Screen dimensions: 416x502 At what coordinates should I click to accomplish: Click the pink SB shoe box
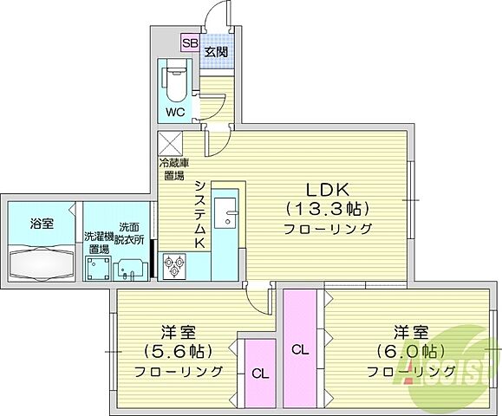point(190,42)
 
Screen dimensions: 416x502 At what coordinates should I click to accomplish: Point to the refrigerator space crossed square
point(169,143)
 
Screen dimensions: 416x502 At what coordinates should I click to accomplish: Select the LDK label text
point(326,190)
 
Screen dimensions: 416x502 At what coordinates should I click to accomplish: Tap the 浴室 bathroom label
point(42,224)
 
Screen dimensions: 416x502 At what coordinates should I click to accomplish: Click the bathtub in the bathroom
point(42,261)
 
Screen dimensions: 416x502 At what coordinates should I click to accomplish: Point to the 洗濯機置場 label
point(97,242)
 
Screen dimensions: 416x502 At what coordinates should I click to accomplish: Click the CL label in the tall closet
point(299,350)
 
